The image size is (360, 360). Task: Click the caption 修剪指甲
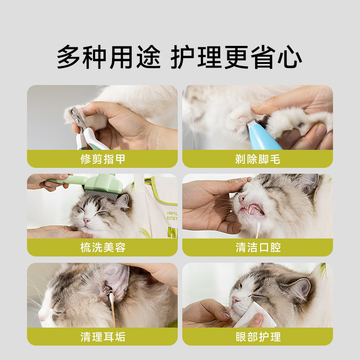pos(103,159)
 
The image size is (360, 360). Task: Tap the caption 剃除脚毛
pos(257,159)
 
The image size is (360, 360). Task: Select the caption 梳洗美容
pos(103,247)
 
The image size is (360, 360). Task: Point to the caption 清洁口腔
pos(257,247)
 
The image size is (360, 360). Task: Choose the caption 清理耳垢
pos(103,337)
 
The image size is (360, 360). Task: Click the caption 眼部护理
pos(257,337)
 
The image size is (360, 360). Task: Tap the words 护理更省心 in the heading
pos(236,58)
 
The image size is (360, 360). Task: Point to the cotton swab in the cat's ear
pos(111,306)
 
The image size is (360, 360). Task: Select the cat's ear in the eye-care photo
pos(301,288)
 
